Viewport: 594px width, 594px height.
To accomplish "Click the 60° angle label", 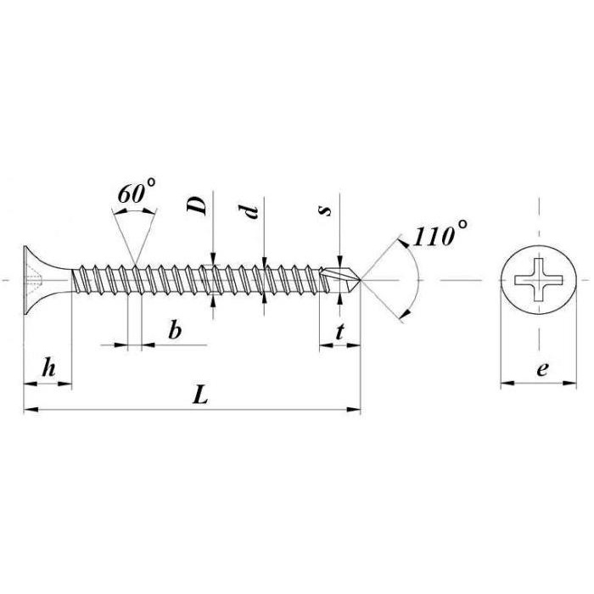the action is (x=136, y=192).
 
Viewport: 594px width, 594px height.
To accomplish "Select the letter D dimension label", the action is (x=198, y=206).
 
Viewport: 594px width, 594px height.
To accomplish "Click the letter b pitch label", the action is (x=175, y=329).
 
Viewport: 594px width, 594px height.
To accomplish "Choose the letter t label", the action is (x=339, y=333).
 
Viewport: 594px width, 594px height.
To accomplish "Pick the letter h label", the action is (x=49, y=367).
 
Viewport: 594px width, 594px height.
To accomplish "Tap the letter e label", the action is (x=542, y=368).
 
